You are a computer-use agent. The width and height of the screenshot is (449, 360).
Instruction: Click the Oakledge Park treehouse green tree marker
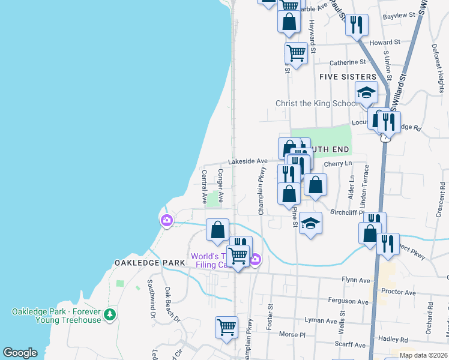click(x=109, y=314)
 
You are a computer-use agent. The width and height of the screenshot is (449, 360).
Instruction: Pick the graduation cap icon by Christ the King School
click(x=366, y=93)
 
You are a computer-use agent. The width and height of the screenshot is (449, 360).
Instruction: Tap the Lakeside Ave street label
click(x=247, y=161)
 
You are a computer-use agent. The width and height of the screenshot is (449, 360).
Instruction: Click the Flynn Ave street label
click(x=356, y=280)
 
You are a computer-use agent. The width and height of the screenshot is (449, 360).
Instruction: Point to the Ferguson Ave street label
click(x=348, y=301)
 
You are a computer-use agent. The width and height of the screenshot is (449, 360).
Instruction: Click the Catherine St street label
click(x=348, y=62)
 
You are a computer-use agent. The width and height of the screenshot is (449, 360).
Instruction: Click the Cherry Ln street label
click(x=337, y=163)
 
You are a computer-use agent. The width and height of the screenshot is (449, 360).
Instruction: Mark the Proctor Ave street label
click(x=399, y=292)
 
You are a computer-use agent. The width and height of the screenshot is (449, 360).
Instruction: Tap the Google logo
click(x=20, y=352)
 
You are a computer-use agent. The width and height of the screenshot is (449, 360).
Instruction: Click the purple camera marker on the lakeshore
click(x=166, y=221)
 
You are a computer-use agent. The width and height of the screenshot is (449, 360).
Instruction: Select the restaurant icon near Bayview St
click(x=357, y=25)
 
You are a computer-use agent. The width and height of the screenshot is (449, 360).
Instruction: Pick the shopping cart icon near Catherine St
click(x=296, y=53)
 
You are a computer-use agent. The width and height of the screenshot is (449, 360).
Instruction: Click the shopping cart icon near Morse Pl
click(x=226, y=327)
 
